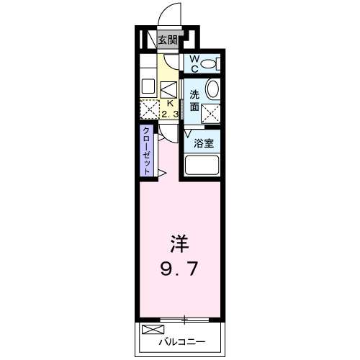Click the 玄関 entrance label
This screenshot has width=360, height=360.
(167, 41)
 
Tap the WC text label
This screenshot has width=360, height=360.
(194, 63)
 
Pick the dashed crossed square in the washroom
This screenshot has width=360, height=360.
(211, 112)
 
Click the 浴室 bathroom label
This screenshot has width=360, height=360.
(203, 142)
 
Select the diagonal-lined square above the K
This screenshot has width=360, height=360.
(168, 90)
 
